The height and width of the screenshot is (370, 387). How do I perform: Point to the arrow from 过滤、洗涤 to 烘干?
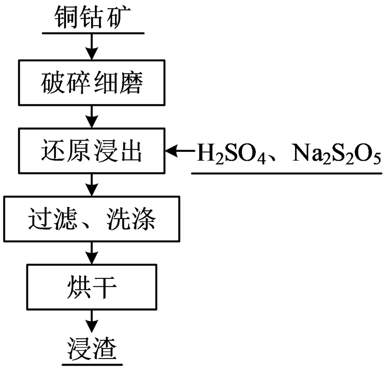point(91,253)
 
